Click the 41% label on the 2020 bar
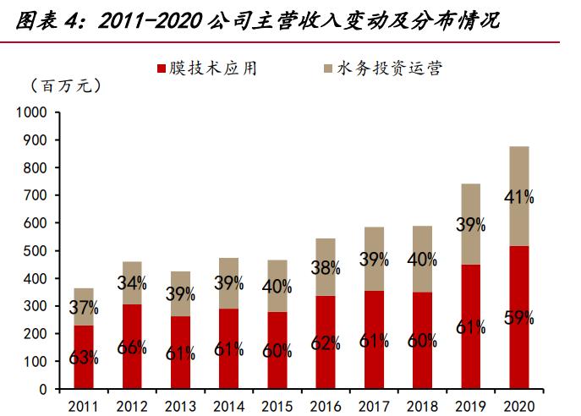point(518,197)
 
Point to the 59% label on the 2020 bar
point(518,319)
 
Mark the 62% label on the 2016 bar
point(325,342)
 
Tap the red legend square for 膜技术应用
point(163,68)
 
